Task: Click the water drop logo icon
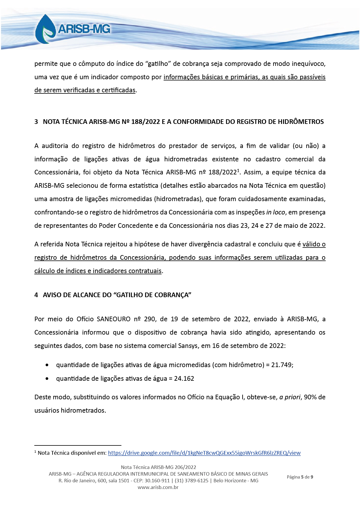(45, 29)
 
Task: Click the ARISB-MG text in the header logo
(84, 29)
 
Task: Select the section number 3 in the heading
(36, 122)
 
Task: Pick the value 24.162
(184, 378)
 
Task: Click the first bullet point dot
(47, 365)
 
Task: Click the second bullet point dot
(47, 379)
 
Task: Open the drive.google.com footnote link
(204, 453)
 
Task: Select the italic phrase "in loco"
(276, 212)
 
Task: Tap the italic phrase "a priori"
(290, 397)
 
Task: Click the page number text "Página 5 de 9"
(300, 477)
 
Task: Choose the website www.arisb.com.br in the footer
(158, 487)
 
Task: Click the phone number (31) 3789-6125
(191, 481)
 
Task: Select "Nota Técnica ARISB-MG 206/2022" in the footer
(158, 467)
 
